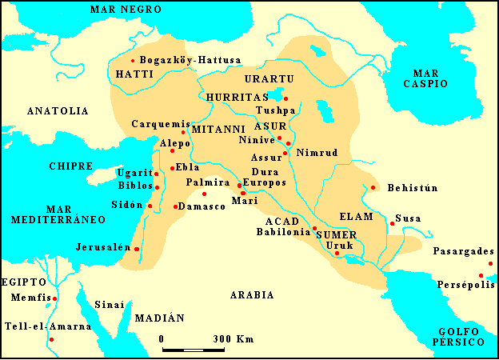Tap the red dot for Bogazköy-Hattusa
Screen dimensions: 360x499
[x=133, y=60]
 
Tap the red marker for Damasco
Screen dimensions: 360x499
[x=175, y=206]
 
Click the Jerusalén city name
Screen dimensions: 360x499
[x=102, y=247]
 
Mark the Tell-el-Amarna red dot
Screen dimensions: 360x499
[x=51, y=340]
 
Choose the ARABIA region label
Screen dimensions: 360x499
[x=252, y=295]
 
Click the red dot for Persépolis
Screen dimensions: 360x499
[x=481, y=275]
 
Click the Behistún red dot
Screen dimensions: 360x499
[x=373, y=188]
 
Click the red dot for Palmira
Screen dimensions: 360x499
[x=204, y=194]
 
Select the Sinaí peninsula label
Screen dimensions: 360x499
[x=110, y=304]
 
